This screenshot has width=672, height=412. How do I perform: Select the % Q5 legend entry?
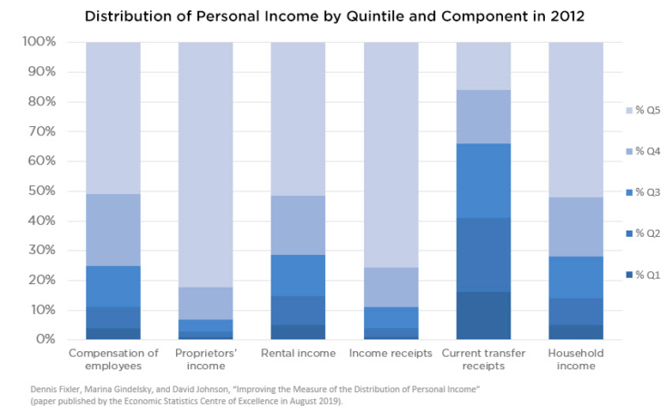pyautogui.click(x=646, y=109)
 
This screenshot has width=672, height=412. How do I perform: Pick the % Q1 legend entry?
pyautogui.click(x=646, y=274)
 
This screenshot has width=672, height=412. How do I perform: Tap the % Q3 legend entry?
pyautogui.click(x=646, y=191)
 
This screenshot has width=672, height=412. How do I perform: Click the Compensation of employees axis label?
pyautogui.click(x=114, y=359)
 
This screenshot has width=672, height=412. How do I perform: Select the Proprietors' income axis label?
pyautogui.click(x=206, y=359)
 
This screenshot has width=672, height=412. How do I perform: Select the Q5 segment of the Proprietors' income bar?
pyautogui.click(x=206, y=163)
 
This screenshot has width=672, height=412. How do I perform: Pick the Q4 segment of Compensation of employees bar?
pyautogui.click(x=114, y=230)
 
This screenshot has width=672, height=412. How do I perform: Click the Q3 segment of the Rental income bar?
pyautogui.click(x=299, y=275)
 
